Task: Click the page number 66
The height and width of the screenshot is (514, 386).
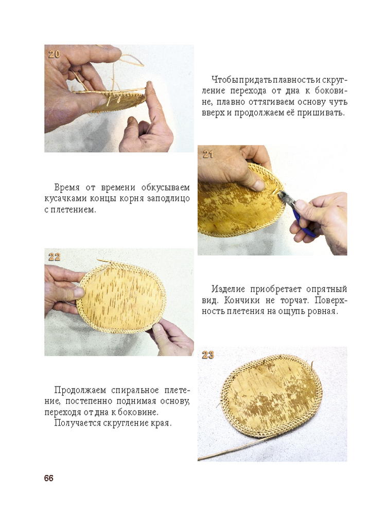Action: point(48,478)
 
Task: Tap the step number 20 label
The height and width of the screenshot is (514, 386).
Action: point(54,54)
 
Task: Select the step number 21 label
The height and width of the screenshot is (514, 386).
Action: point(208,154)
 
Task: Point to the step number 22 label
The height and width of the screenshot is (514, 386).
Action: point(54,257)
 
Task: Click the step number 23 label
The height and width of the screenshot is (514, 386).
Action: point(208,355)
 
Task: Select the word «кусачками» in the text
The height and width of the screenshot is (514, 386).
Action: point(64,198)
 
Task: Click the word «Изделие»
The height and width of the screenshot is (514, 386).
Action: point(228,289)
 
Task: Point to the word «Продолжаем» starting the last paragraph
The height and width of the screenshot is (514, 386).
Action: point(80,391)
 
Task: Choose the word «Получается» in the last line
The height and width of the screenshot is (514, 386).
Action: point(78,423)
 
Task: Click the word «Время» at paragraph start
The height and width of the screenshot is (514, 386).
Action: point(66,188)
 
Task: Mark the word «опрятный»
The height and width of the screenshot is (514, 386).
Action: point(327,289)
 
